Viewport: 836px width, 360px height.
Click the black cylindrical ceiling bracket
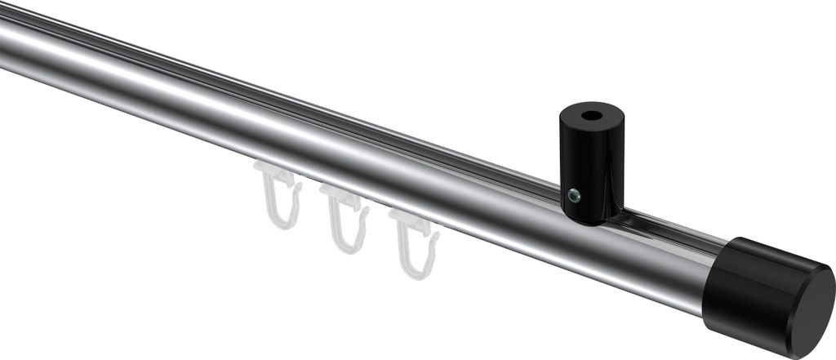pyautogui.click(x=590, y=163)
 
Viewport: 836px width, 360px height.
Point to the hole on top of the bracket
pyautogui.click(x=591, y=109)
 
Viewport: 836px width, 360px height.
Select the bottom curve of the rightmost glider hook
pyautogui.click(x=417, y=273)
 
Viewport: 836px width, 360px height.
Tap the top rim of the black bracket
pyautogui.click(x=591, y=104)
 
